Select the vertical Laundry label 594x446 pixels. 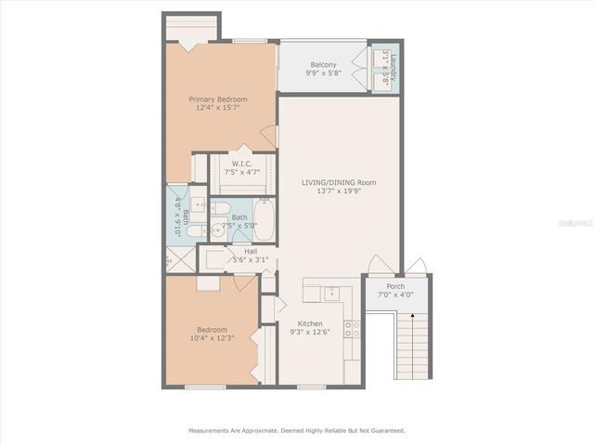(393, 67)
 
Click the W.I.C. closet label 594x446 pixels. (241, 164)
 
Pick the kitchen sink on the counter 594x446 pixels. (332, 294)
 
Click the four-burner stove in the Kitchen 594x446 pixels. (353, 327)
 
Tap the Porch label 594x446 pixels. (395, 286)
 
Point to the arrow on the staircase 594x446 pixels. (412, 317)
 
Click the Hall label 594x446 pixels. (251, 251)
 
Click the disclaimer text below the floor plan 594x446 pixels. (297, 430)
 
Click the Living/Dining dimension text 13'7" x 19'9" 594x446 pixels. (338, 190)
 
